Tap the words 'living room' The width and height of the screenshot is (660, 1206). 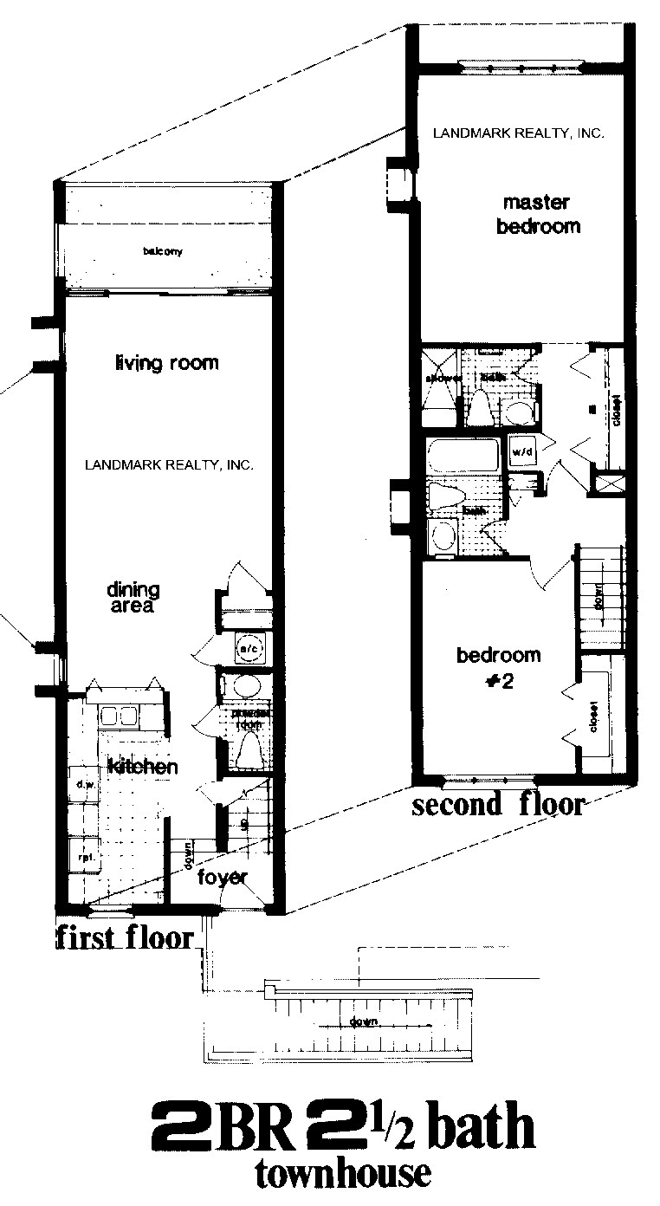[x=166, y=363]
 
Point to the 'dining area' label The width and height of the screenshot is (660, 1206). [x=132, y=598]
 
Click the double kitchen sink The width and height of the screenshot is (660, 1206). [x=120, y=716]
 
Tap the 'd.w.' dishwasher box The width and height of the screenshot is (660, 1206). [x=84, y=785]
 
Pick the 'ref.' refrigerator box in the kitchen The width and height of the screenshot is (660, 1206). [x=85, y=856]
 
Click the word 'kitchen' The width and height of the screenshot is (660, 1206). [x=143, y=767]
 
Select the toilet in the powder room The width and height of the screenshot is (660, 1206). [x=249, y=748]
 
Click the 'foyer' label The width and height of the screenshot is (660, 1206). [x=223, y=877]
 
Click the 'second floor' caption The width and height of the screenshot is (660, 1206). [x=498, y=805]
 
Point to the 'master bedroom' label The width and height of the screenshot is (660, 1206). [x=537, y=215]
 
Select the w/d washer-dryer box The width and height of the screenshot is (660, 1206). [x=522, y=451]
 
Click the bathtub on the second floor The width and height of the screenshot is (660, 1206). [x=464, y=455]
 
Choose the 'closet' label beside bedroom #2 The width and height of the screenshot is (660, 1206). [x=595, y=716]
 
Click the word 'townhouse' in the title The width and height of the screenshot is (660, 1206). [x=342, y=1174]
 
